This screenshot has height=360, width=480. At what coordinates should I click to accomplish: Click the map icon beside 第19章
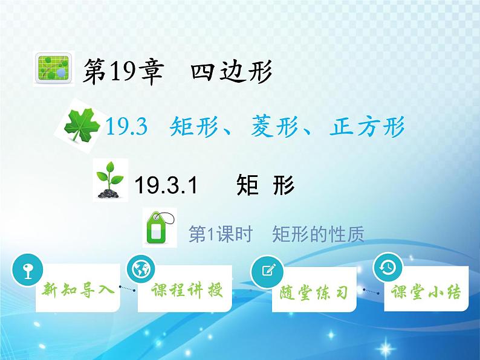click(x=54, y=68)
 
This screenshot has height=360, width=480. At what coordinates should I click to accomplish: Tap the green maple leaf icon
click(x=82, y=126)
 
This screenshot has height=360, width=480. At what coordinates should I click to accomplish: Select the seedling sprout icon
click(x=110, y=180)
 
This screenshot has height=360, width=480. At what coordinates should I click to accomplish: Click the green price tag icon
click(x=160, y=228)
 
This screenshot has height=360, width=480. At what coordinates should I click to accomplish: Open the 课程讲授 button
click(x=185, y=289)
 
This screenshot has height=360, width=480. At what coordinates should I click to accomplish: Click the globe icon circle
click(x=141, y=269)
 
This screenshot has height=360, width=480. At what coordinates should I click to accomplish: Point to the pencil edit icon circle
click(x=267, y=271)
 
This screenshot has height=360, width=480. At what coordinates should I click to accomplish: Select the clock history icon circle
click(x=388, y=267)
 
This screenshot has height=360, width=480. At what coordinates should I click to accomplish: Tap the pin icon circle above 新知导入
click(x=28, y=270)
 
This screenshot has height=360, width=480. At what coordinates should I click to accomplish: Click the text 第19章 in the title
click(x=123, y=71)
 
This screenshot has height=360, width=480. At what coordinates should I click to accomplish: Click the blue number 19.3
click(x=126, y=127)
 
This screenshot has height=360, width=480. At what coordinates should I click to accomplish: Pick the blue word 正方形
click(x=367, y=126)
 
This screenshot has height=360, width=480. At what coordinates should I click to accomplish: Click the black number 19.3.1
click(x=166, y=185)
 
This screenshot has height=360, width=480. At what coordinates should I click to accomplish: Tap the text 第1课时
click(x=221, y=234)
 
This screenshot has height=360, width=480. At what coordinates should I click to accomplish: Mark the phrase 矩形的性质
click(x=318, y=234)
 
